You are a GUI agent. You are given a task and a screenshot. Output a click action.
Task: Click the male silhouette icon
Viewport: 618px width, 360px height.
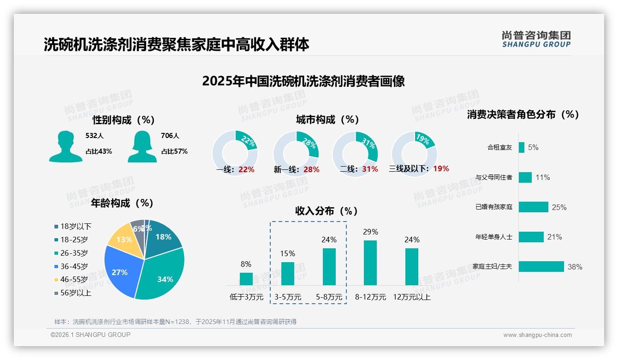click(65, 146)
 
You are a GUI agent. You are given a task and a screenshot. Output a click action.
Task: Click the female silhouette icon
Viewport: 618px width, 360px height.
click(142, 146)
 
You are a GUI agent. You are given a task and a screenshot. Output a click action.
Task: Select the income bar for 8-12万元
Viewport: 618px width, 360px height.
click(370, 263)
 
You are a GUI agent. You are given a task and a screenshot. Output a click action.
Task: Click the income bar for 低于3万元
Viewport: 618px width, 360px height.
click(246, 279)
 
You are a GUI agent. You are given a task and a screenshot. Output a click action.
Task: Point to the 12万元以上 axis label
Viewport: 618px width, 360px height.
click(411, 297)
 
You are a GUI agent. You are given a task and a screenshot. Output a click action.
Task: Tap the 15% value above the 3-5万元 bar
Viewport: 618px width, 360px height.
click(287, 253)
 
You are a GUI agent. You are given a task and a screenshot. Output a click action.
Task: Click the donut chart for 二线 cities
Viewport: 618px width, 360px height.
click(355, 154)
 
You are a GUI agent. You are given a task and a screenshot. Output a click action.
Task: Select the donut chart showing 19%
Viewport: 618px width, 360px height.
click(414, 154)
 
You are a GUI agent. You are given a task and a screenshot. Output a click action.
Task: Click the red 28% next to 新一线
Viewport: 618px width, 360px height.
click(311, 169)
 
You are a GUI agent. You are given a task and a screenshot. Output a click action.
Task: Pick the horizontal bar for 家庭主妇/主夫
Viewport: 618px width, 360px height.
click(541, 267)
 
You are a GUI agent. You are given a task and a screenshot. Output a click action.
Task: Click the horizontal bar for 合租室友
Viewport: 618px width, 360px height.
click(521, 147)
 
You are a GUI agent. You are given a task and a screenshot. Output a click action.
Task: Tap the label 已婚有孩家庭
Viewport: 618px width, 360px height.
click(493, 207)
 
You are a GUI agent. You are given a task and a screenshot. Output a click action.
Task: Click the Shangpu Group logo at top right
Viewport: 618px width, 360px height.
click(536, 39)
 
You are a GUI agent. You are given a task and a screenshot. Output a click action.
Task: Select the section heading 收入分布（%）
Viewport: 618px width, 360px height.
click(327, 211)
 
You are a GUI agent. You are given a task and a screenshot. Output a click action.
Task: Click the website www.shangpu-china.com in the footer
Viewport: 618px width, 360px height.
click(537, 335)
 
